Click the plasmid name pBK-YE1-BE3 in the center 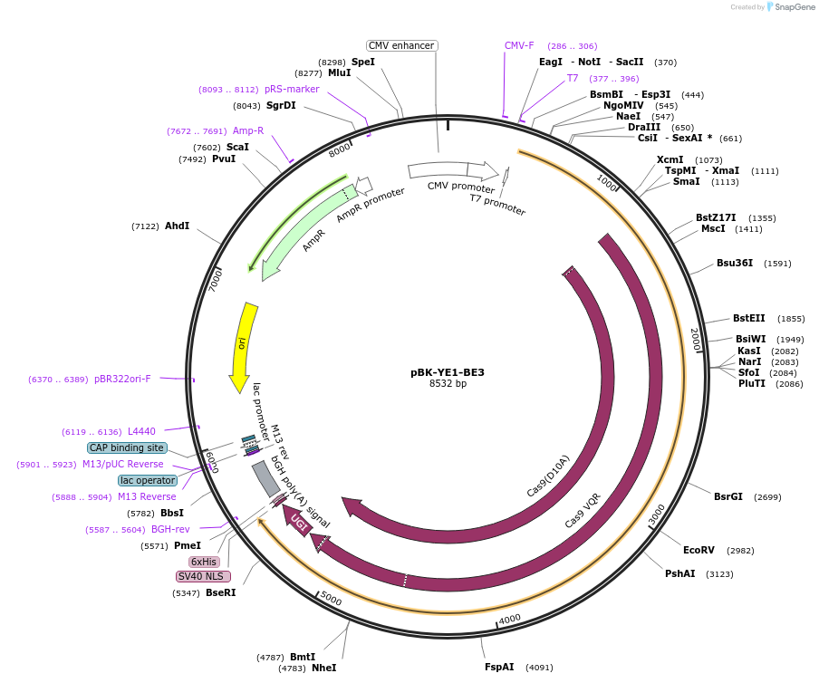click(x=447, y=371)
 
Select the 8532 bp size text click(x=448, y=384)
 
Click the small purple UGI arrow click(x=296, y=520)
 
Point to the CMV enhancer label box click(x=402, y=45)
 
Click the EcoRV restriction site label click(x=699, y=550)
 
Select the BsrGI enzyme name click(x=727, y=496)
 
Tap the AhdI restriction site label click(x=177, y=226)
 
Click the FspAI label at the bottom click(x=499, y=667)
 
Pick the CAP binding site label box click(x=127, y=447)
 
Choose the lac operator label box click(x=148, y=480)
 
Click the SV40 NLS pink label click(x=203, y=576)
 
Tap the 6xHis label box click(x=204, y=562)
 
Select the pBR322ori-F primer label click(x=122, y=379)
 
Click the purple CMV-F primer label click(x=519, y=45)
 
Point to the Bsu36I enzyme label click(x=735, y=264)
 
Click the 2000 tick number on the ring click(x=695, y=341)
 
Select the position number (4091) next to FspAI click(x=538, y=668)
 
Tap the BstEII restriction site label click(x=748, y=318)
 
